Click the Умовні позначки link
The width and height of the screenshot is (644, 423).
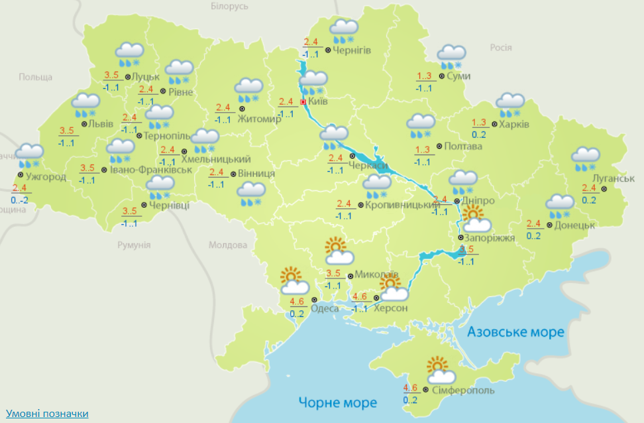tap(46, 414)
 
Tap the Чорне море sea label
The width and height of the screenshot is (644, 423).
tap(337, 402)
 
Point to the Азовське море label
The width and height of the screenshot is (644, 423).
tap(515, 332)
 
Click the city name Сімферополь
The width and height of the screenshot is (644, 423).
tap(462, 391)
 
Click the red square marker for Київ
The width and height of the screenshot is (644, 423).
tap(303, 102)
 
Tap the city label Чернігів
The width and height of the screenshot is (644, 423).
tap(352, 50)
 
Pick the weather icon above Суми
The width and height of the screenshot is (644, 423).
tap(452, 56)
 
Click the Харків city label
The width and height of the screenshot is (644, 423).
tap(514, 124)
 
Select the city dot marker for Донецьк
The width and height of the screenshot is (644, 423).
tap(550, 225)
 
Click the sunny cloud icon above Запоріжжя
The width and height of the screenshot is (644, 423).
tap(476, 219)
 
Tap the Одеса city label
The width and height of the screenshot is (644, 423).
tap(325, 308)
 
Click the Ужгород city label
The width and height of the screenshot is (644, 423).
tap(45, 176)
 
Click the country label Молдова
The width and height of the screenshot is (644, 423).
tap(228, 245)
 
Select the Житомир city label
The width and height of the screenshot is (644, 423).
tap(263, 119)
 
